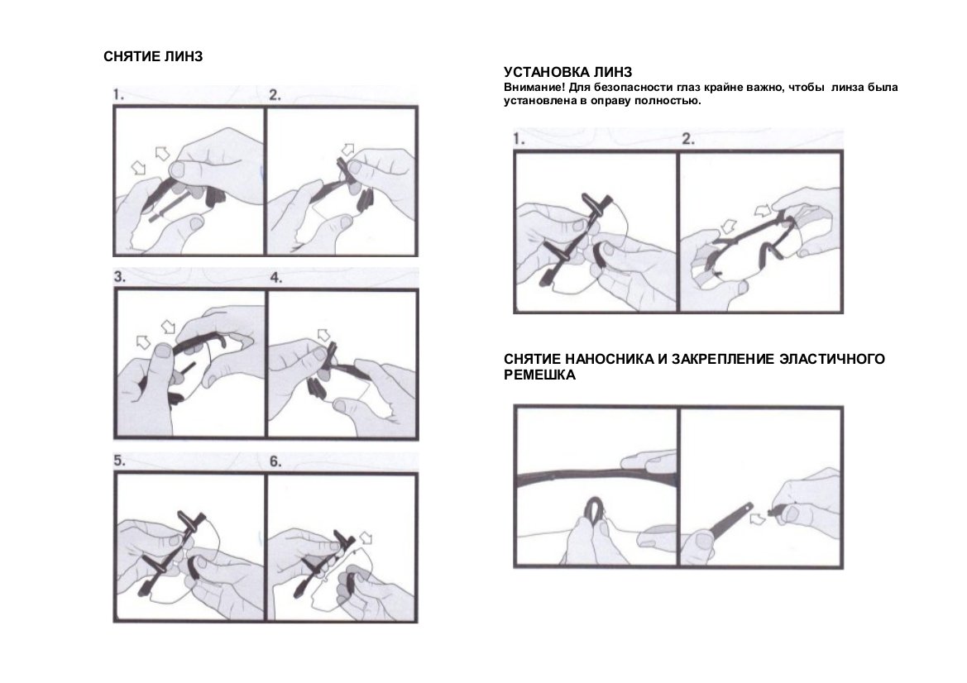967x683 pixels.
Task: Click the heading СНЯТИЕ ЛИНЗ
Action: tap(153, 57)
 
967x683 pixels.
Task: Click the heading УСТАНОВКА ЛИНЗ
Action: tap(568, 73)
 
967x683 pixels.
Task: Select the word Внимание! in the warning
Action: tap(534, 88)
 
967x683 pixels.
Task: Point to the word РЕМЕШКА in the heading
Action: tap(539, 375)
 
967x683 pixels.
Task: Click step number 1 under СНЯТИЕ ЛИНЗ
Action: tap(117, 95)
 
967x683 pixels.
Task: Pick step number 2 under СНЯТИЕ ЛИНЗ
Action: tap(275, 95)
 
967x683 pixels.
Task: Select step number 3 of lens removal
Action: tap(120, 277)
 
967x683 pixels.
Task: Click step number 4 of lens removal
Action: tap(276, 277)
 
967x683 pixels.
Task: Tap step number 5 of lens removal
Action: tap(120, 461)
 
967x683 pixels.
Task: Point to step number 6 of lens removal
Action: tap(275, 461)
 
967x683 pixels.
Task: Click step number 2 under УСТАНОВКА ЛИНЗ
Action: tap(688, 139)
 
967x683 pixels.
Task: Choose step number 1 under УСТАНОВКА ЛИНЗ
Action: tap(519, 139)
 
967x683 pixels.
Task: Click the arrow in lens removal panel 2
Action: tap(348, 149)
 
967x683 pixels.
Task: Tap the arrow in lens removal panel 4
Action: tap(323, 335)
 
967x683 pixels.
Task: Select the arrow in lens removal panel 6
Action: tap(366, 537)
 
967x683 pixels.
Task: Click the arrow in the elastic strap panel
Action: tap(758, 518)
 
